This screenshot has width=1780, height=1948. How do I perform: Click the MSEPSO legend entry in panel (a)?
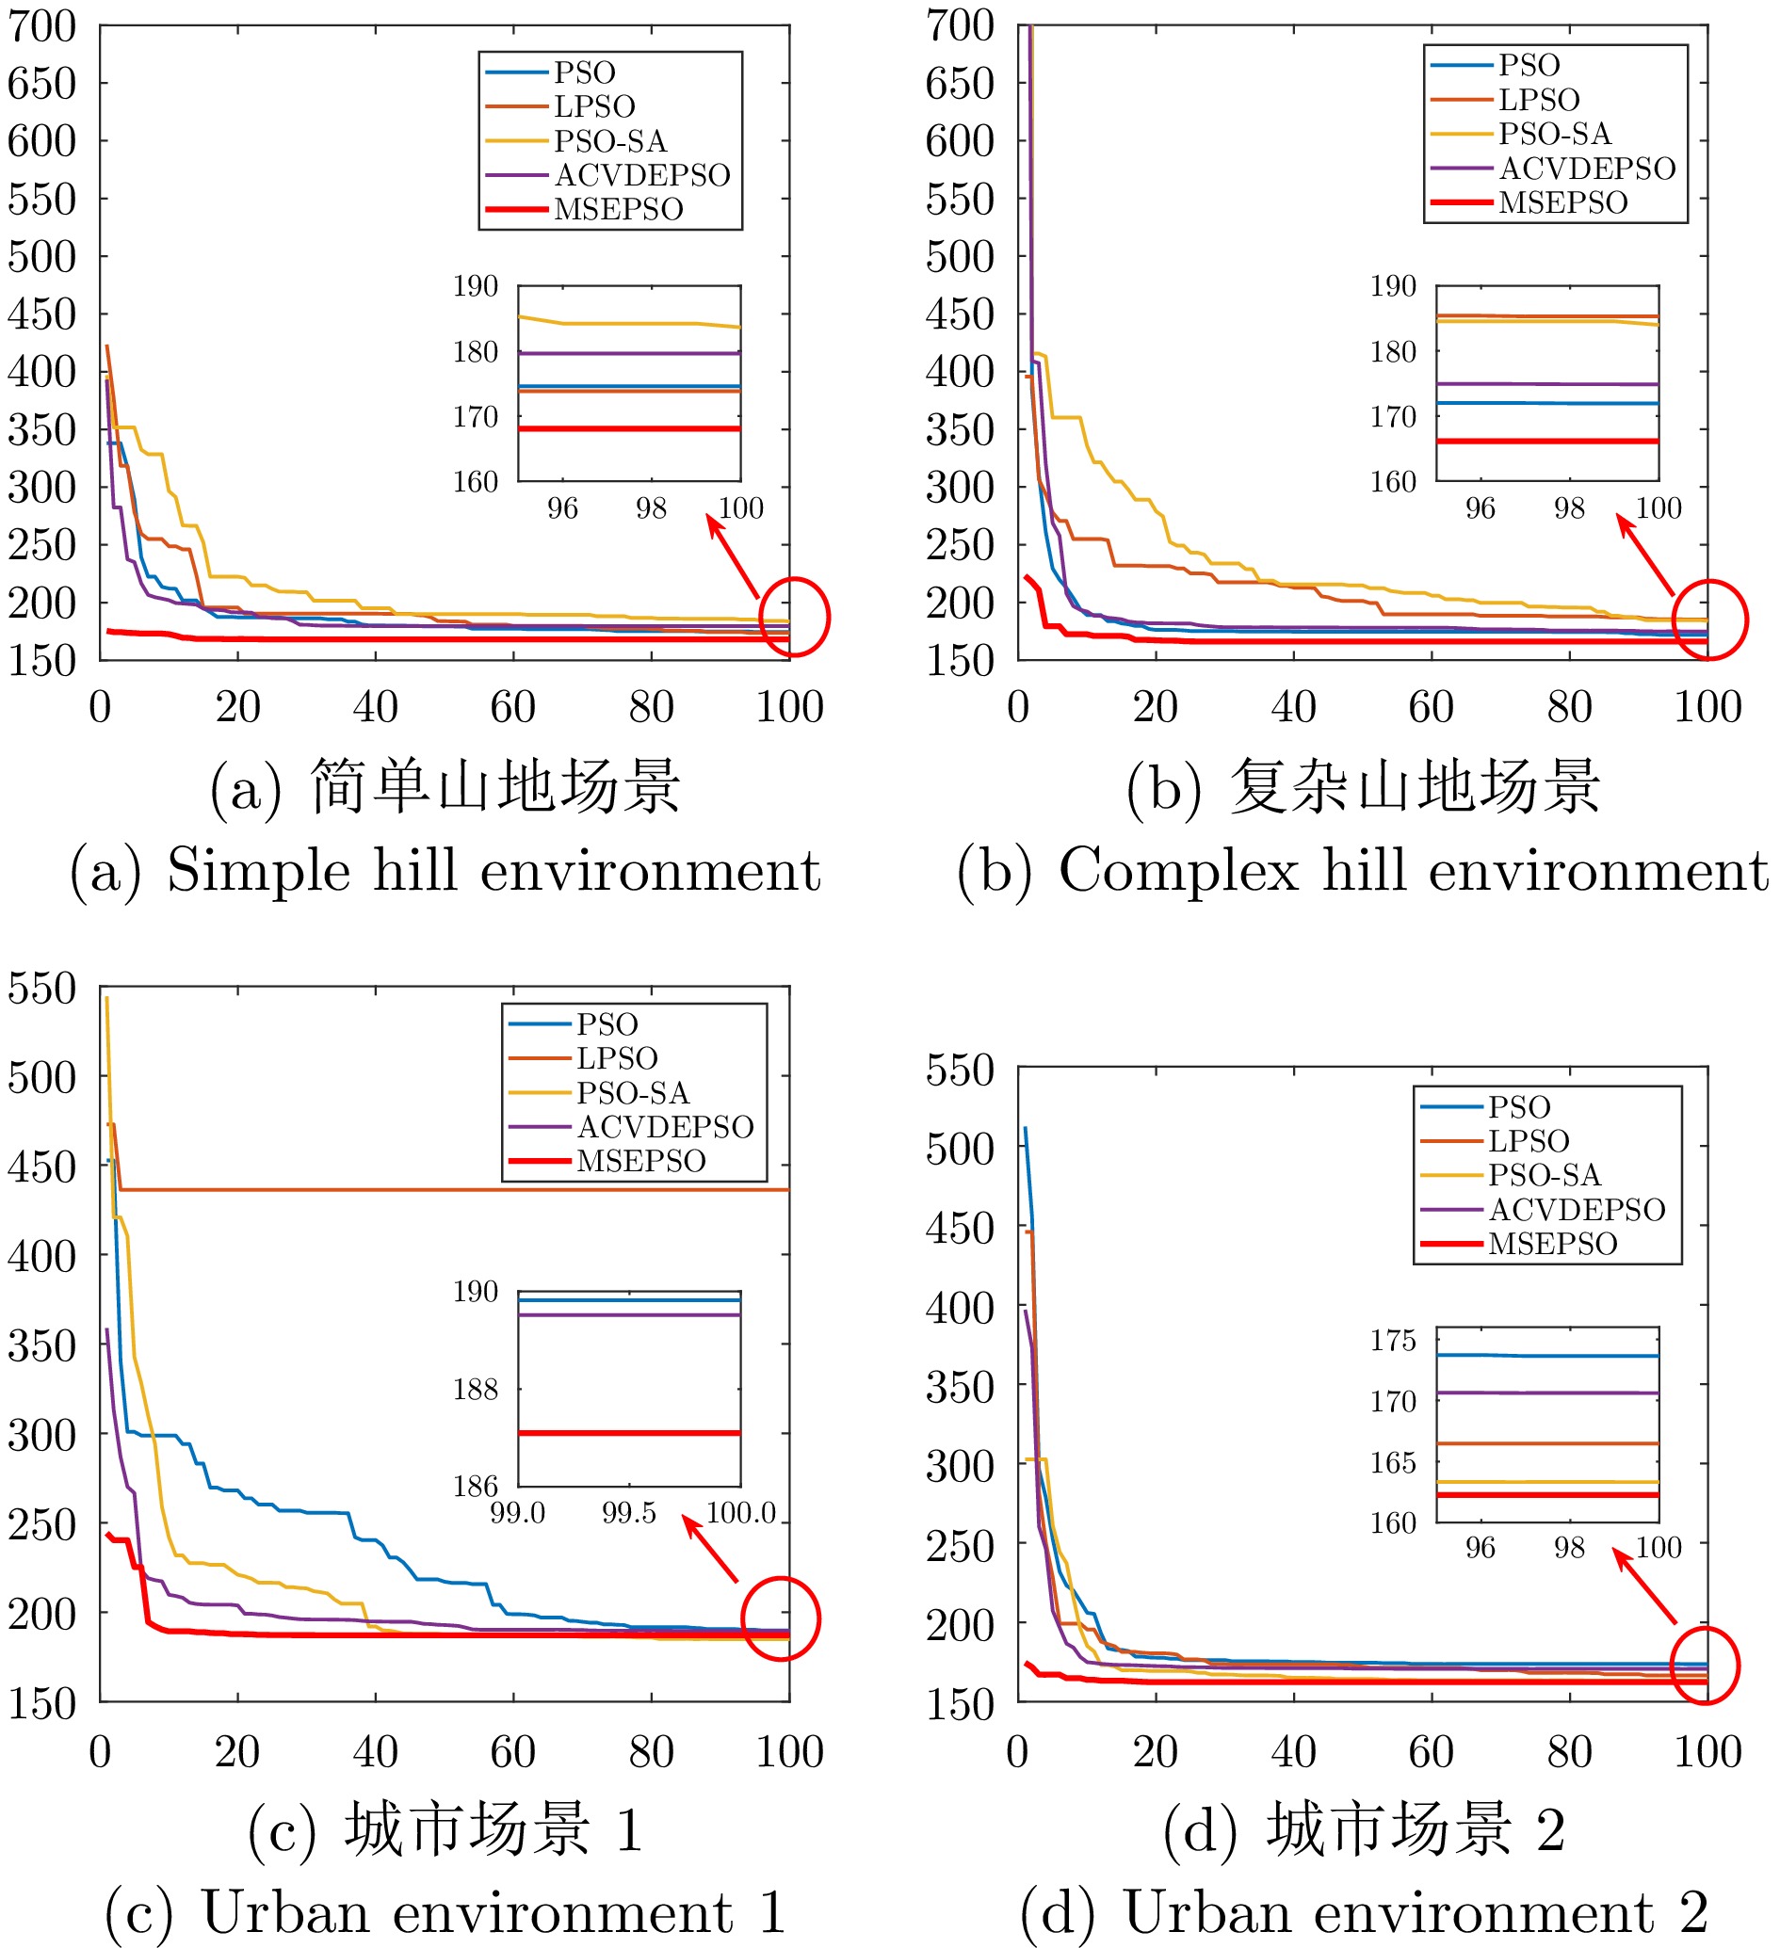[617, 210]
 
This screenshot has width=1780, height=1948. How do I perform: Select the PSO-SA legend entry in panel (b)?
[1554, 134]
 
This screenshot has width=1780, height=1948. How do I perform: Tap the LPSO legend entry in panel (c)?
[617, 1058]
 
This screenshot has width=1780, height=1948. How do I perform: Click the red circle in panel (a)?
[794, 617]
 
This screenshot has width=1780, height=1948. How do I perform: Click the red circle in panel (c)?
[781, 1618]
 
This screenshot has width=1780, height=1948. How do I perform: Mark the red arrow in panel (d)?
[1643, 1586]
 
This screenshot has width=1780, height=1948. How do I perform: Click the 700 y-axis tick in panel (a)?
[41, 26]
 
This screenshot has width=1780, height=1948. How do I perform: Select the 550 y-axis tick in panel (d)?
[960, 1071]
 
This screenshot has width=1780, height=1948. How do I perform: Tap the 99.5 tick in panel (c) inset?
[629, 1513]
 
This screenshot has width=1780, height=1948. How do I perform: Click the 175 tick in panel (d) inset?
[1393, 1340]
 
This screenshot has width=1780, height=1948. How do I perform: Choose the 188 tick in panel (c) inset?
[476, 1390]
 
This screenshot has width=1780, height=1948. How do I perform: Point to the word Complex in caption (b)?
[1179, 871]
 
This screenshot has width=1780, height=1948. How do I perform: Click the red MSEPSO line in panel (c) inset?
[629, 1433]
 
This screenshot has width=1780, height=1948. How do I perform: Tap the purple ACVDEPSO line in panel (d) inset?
[1547, 1393]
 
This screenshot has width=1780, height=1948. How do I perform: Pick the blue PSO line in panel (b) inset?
[1547, 403]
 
